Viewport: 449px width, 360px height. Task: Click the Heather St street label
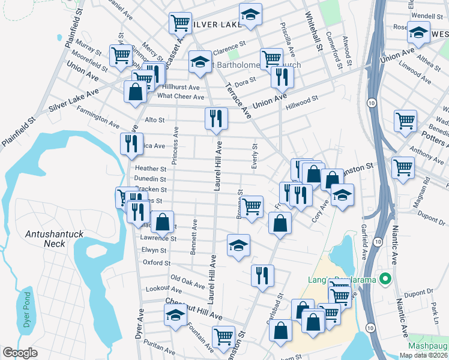pyautogui.click(x=150, y=169)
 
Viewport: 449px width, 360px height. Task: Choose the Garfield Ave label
pyautogui.click(x=364, y=242)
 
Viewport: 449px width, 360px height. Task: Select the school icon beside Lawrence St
pyautogui.click(x=238, y=245)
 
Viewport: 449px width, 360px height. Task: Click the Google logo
pyautogui.click(x=20, y=353)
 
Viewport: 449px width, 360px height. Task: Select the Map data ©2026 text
pyautogui.click(x=423, y=355)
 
